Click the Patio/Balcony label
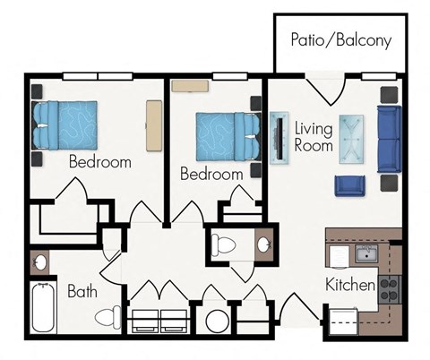tap(340, 40)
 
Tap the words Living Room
tap(314, 137)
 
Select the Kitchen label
tap(349, 287)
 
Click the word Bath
tap(82, 292)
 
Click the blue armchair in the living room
tap(349, 185)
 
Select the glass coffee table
tap(352, 139)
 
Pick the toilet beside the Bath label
tap(109, 315)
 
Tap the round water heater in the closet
tap(216, 321)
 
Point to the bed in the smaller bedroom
tap(219, 135)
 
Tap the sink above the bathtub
tap(39, 263)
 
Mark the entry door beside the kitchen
tap(296, 313)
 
